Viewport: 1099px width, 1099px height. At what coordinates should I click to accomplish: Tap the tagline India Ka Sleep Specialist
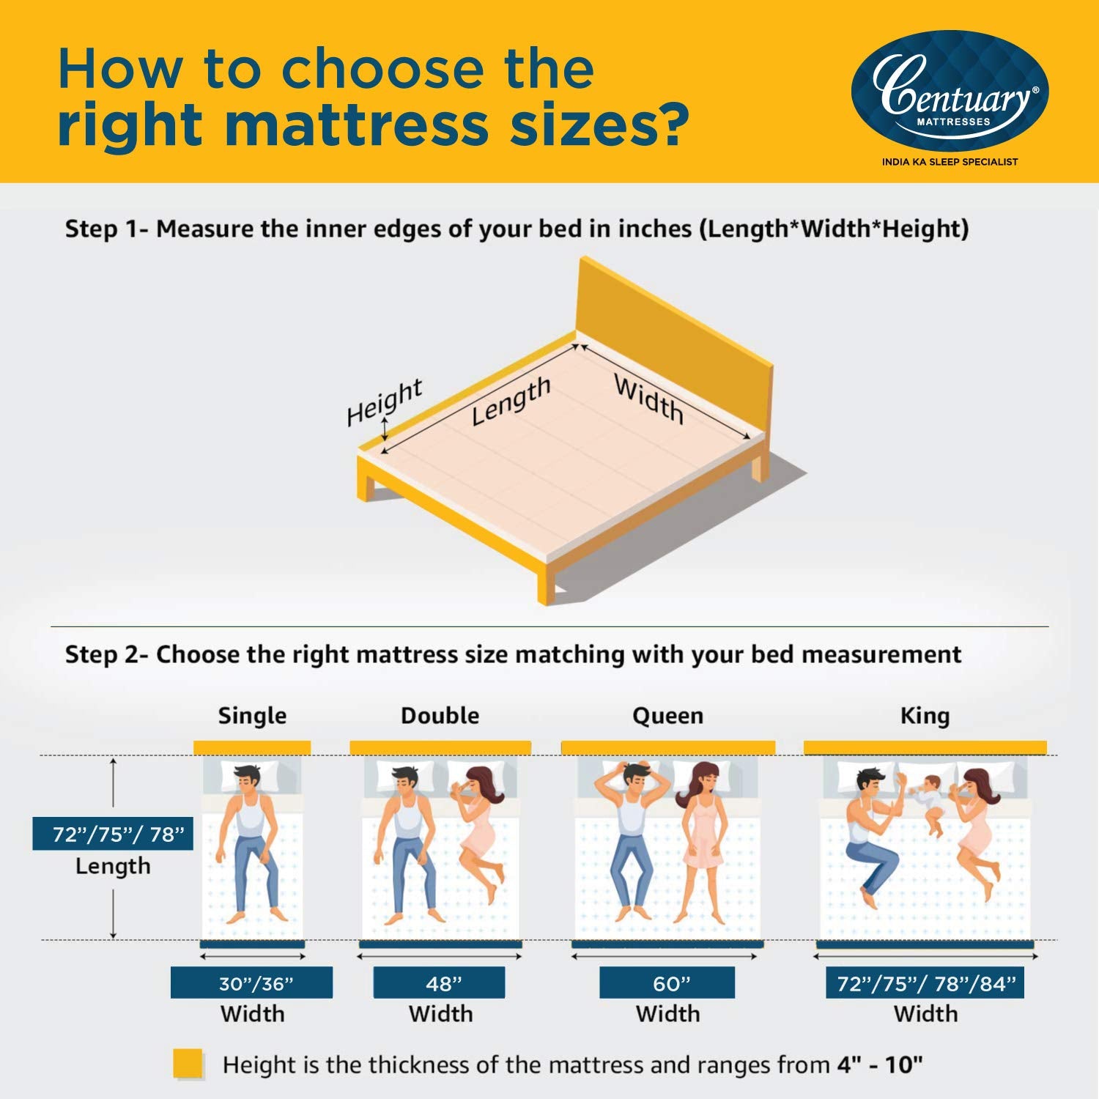click(950, 162)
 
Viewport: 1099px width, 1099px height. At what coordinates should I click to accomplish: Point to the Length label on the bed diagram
click(511, 401)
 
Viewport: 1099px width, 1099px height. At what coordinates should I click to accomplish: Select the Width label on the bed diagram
click(649, 399)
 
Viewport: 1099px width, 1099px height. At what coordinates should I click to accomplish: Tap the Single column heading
click(252, 716)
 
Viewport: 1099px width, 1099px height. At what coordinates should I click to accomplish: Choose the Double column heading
click(440, 716)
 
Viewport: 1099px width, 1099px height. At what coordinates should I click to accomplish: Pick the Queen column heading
click(667, 716)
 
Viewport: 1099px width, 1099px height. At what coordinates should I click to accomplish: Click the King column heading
click(925, 716)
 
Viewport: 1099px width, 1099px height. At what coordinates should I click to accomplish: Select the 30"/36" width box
click(251, 983)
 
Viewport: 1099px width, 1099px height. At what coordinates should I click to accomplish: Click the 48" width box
click(439, 983)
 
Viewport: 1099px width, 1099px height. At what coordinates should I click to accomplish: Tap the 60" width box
click(667, 983)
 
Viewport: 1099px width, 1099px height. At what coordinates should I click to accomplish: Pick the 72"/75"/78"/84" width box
click(925, 983)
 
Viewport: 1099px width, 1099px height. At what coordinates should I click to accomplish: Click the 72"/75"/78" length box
click(113, 834)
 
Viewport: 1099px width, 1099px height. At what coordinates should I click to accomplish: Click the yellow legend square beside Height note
click(188, 1064)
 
